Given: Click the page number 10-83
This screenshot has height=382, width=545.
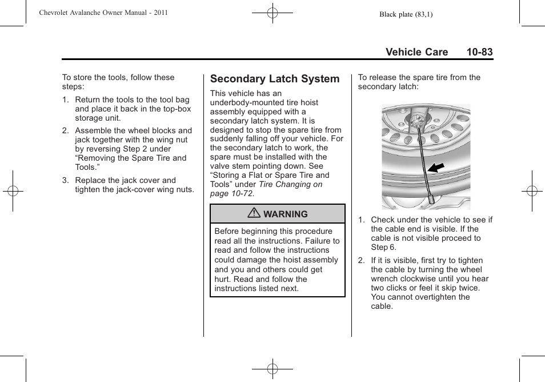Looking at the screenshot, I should (479, 52).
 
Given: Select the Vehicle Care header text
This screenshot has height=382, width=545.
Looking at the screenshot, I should (416, 52).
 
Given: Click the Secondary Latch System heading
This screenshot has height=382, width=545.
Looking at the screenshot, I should (275, 79).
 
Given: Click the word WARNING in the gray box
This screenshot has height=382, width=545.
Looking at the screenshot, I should (285, 214).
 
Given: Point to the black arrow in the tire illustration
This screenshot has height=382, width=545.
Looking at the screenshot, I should (436, 168).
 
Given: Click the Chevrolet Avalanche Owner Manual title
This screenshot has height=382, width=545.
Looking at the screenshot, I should (103, 13).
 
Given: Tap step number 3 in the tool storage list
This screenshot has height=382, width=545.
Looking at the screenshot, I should (65, 180).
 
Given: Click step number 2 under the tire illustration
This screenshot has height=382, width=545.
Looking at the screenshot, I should (361, 260).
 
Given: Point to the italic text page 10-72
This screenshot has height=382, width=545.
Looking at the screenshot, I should (232, 194).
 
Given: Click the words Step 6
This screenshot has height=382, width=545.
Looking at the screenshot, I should (383, 247).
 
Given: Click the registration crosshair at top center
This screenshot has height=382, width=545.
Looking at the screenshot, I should (272, 13).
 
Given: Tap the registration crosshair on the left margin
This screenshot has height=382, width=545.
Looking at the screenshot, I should (13, 191).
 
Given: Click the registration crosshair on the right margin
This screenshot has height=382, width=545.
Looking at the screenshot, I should (532, 191).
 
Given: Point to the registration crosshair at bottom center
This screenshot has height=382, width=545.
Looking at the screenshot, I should (272, 369).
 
